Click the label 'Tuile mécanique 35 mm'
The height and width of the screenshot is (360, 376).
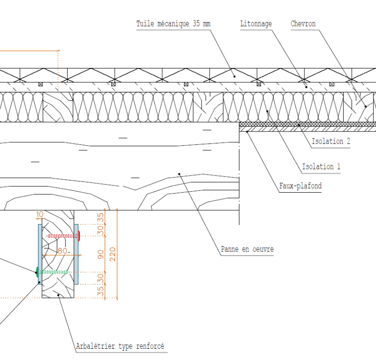point(173,24)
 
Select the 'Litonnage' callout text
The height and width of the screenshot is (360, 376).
point(256,24)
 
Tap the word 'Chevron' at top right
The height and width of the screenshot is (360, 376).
point(303,24)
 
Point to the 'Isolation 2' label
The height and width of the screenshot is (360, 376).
point(331,141)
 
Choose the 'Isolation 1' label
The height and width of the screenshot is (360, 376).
point(321,167)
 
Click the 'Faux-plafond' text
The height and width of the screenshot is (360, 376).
point(300,186)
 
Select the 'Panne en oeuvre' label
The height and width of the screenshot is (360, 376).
point(247,249)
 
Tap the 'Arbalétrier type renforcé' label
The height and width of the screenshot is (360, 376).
point(120,346)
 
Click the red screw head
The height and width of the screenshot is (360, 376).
point(79,236)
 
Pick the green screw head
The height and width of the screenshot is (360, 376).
point(37,271)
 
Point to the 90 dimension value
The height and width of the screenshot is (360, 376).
point(100,253)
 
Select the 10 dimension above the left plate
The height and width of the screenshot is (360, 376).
point(39,214)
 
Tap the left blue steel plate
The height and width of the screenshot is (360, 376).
point(39,254)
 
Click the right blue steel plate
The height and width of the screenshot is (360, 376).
point(76,254)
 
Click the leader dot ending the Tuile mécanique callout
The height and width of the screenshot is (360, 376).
point(234,76)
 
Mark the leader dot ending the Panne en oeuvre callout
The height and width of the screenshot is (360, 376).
point(180,173)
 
